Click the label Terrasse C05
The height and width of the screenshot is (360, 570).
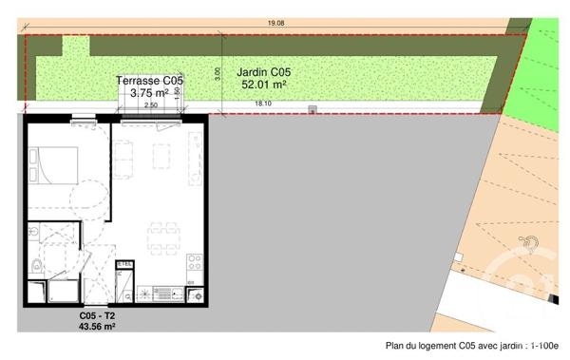click(149, 82)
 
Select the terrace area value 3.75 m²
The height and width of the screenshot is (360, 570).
click(149, 93)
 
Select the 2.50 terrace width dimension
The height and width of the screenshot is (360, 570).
click(150, 104)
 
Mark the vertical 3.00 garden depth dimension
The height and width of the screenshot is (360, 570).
click(218, 71)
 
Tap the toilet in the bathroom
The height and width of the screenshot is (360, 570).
click(35, 264)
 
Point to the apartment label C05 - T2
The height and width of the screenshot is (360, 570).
click(97, 314)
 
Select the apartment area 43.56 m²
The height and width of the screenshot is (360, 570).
click(97, 326)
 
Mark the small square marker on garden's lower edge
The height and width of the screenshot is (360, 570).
click(312, 110)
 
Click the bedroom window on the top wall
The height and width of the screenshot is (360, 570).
click(82, 117)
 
